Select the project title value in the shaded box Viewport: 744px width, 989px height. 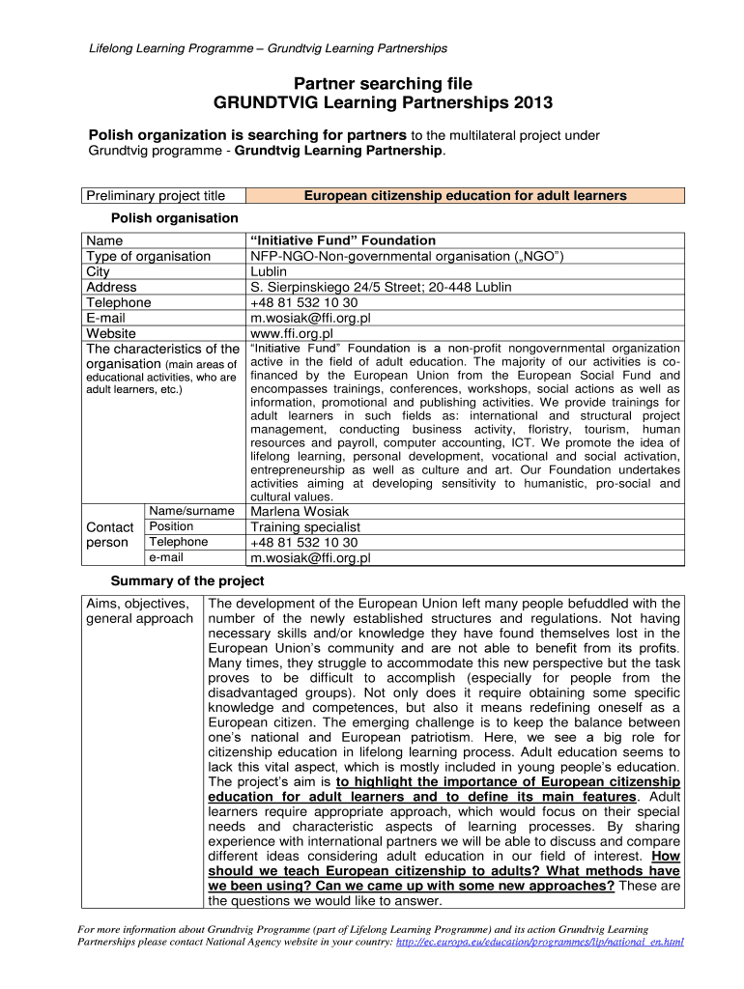[x=465, y=196]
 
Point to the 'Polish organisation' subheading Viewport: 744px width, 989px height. [x=175, y=218]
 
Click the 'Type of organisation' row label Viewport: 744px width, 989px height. [x=148, y=256]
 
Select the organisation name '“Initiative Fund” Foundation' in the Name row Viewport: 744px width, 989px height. [x=343, y=240]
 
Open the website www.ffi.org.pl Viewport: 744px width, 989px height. [x=292, y=333]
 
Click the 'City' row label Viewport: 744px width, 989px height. [x=99, y=271]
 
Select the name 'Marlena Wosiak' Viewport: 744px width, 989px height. [x=300, y=511]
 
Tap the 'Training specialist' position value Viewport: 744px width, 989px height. [x=305, y=527]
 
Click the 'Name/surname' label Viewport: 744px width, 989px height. [x=191, y=511]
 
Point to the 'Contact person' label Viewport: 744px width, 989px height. [x=109, y=534]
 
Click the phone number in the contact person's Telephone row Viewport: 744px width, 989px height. [x=303, y=543]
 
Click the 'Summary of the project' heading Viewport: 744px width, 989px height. [x=187, y=581]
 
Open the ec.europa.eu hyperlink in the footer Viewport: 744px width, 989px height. [x=540, y=942]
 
